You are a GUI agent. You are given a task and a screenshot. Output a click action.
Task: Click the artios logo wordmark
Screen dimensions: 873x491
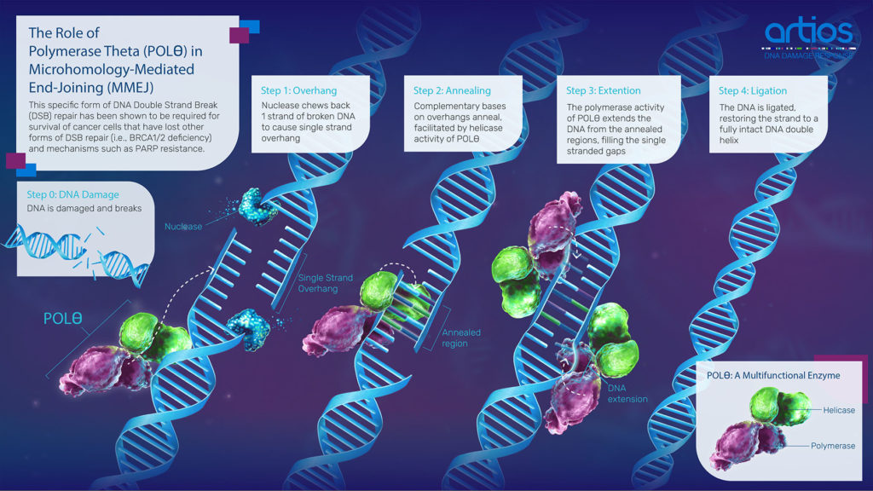click(808, 32)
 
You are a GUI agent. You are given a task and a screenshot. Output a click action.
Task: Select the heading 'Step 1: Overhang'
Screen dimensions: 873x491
click(299, 90)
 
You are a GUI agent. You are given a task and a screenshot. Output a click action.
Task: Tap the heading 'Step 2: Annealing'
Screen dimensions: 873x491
click(452, 90)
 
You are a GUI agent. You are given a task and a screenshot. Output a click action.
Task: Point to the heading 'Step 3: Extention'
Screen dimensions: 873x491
click(604, 90)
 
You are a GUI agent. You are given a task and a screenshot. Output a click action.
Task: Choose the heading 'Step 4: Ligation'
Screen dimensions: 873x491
click(753, 90)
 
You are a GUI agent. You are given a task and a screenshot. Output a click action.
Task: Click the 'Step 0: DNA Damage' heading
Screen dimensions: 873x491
click(73, 194)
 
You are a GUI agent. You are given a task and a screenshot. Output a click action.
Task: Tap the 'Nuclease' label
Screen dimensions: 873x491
click(183, 227)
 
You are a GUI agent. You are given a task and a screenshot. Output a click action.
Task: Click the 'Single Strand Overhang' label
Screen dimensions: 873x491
click(325, 283)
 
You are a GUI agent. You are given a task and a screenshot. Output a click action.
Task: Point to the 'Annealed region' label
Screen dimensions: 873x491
click(461, 338)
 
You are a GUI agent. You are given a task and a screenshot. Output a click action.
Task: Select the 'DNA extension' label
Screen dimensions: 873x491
click(627, 394)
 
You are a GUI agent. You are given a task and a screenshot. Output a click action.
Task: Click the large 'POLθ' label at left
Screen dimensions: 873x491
click(63, 319)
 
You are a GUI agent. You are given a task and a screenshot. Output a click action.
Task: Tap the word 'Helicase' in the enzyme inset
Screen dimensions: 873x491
click(839, 410)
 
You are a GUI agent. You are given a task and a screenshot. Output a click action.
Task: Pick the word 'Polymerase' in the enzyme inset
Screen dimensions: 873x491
click(833, 446)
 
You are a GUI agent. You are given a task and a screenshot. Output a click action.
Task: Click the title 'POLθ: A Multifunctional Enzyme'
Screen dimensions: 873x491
click(773, 376)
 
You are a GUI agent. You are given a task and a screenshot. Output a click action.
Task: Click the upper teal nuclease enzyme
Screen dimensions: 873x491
click(257, 206)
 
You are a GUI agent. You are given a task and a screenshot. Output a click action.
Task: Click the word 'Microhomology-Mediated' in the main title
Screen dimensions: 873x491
click(112, 70)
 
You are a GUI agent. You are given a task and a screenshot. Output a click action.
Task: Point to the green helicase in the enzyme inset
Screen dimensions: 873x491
click(779, 405)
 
